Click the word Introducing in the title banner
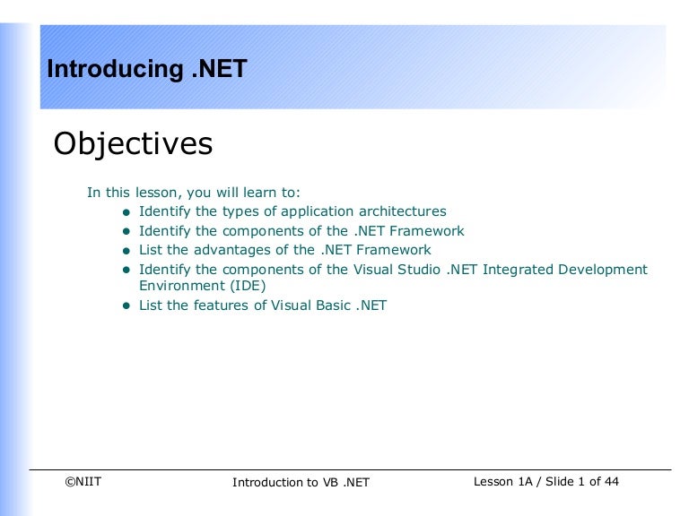[x=115, y=69]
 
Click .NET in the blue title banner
[x=219, y=68]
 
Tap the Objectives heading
[x=133, y=144]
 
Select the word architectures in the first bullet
[x=403, y=211]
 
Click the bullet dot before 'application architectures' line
[x=126, y=212]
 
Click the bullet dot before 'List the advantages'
[x=126, y=251]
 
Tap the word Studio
[x=418, y=270]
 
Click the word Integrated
[x=518, y=270]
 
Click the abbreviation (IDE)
[x=248, y=286]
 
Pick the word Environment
[x=182, y=286]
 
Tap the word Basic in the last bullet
[x=333, y=305]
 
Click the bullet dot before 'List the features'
[x=126, y=305]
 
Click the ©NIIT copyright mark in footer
[x=83, y=482]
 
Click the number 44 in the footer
[x=611, y=482]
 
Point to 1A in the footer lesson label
[x=525, y=482]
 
